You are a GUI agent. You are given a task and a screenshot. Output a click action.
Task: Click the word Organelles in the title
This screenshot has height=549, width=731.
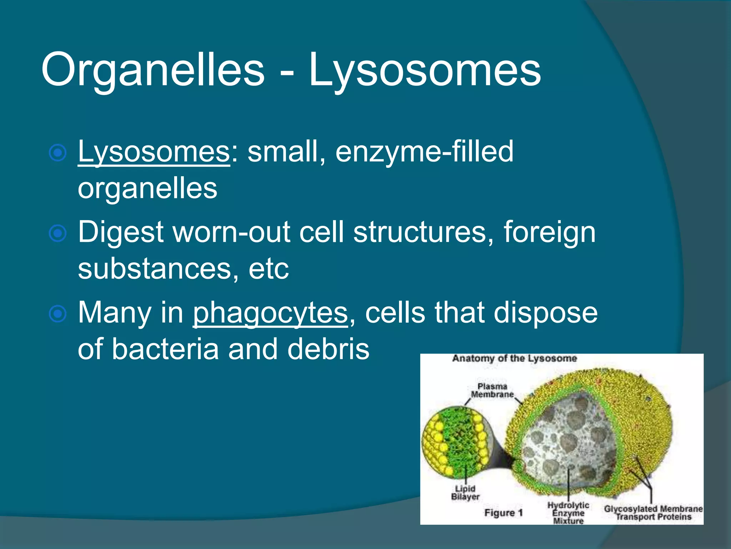click(153, 70)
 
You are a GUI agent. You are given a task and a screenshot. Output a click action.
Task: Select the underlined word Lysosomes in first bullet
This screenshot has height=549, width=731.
click(153, 152)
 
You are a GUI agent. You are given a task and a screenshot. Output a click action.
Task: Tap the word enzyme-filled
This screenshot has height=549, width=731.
click(424, 152)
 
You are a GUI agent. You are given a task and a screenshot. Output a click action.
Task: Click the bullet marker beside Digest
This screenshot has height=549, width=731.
click(57, 233)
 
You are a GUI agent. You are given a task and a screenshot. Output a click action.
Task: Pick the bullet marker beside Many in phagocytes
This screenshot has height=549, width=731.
click(57, 314)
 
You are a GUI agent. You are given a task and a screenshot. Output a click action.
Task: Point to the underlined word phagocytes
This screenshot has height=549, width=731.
click(270, 313)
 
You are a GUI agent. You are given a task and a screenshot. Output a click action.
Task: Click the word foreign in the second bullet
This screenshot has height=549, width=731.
click(549, 232)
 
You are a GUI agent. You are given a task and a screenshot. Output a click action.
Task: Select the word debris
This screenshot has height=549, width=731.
click(328, 349)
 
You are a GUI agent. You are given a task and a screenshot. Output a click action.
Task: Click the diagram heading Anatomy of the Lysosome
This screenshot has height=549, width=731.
click(514, 358)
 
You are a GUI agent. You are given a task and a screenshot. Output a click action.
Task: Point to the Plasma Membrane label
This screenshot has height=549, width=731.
click(492, 390)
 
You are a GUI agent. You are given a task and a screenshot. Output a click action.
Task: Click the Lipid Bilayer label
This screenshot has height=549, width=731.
click(465, 493)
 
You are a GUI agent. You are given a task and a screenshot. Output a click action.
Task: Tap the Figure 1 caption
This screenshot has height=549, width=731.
click(503, 513)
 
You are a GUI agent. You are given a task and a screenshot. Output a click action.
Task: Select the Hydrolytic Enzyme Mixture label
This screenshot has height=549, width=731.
click(568, 513)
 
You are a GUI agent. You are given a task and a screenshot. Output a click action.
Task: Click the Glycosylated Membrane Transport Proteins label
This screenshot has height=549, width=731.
click(653, 513)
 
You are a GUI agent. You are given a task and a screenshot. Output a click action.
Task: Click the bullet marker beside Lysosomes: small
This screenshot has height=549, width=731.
click(57, 153)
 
